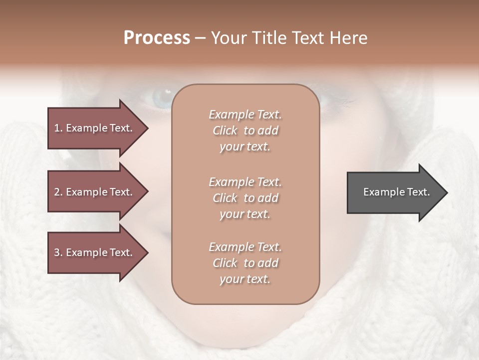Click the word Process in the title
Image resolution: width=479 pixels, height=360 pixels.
click(157, 38)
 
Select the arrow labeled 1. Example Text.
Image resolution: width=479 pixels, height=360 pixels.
click(95, 128)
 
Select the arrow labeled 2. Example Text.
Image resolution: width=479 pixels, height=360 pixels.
click(95, 192)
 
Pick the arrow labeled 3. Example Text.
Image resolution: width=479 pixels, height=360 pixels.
click(95, 252)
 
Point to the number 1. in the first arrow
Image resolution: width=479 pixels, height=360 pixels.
click(58, 128)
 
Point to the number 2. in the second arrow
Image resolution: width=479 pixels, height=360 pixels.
click(58, 192)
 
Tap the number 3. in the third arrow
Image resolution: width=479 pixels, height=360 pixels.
click(58, 252)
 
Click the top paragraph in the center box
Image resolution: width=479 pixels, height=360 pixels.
click(245, 130)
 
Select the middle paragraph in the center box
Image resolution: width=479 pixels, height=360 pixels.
click(245, 198)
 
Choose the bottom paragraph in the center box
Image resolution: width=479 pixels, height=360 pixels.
click(245, 263)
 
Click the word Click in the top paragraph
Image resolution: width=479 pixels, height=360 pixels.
click(225, 130)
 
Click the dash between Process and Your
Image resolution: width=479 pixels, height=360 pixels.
click(200, 38)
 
